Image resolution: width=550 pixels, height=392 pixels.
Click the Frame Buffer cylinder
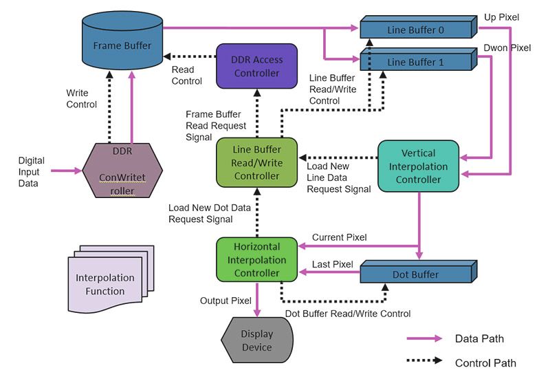[123, 45]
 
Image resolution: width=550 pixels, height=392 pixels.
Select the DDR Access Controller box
[256, 66]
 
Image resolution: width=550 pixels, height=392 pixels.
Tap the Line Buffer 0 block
[416, 30]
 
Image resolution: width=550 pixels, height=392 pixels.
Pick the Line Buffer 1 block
[416, 62]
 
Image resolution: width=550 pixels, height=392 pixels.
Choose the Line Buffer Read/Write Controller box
[256, 162]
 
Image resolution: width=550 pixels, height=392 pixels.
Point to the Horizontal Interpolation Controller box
[256, 259]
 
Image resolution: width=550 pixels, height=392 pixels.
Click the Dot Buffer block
[416, 274]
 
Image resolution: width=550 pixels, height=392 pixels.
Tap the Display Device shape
[256, 340]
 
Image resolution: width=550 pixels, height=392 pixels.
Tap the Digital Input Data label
[32, 172]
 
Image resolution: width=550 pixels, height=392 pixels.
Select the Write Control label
[82, 99]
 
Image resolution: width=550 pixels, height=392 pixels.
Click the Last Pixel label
[332, 264]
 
